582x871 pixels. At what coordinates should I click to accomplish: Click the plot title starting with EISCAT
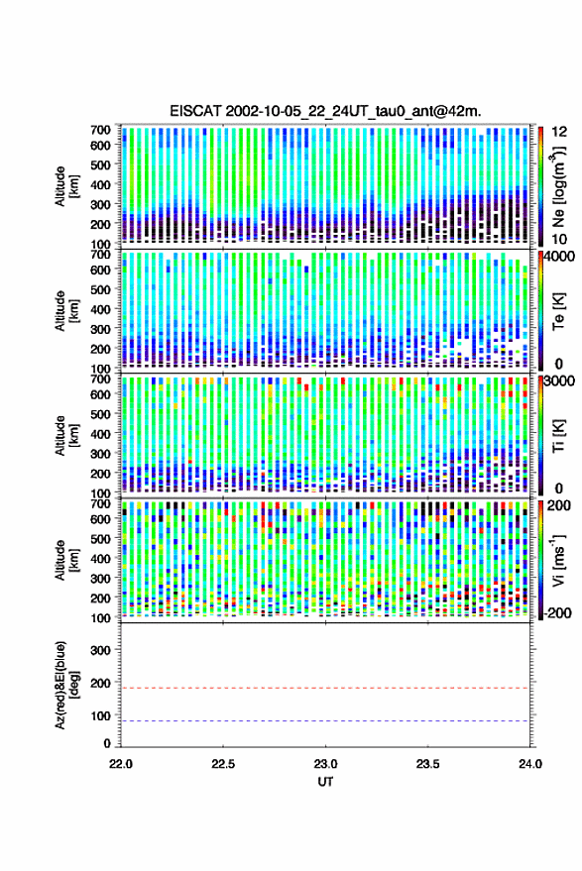[325, 111]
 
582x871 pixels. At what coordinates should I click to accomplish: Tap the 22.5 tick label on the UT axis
[223, 764]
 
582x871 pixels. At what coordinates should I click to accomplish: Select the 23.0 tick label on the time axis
[326, 764]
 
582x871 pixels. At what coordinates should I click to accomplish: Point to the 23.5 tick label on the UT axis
[427, 764]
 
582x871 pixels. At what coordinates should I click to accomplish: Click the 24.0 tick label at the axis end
[529, 764]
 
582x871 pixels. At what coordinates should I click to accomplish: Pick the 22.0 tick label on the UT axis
[121, 764]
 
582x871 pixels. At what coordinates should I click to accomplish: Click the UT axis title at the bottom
[325, 782]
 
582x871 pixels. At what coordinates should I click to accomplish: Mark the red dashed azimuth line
[325, 689]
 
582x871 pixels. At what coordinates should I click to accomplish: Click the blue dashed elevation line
[325, 721]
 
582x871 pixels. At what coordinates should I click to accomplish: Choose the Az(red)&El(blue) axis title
[66, 686]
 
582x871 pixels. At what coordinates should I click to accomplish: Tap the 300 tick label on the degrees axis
[100, 650]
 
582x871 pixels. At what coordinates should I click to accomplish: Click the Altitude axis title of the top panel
[66, 186]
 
